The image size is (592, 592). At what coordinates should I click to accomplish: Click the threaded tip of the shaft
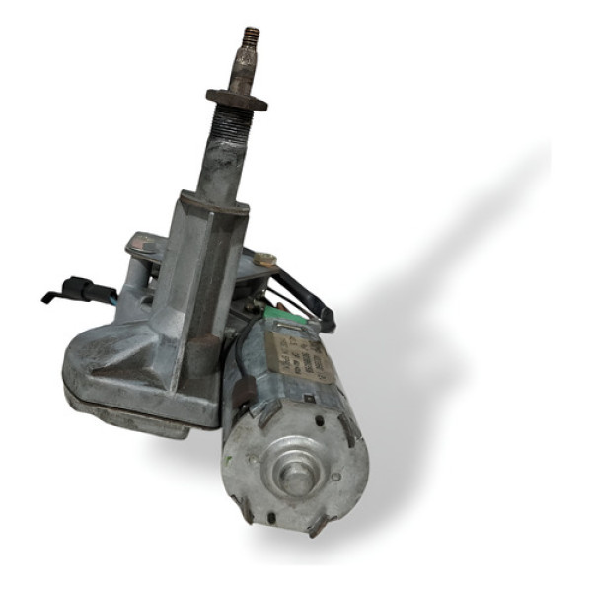pos(250,38)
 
